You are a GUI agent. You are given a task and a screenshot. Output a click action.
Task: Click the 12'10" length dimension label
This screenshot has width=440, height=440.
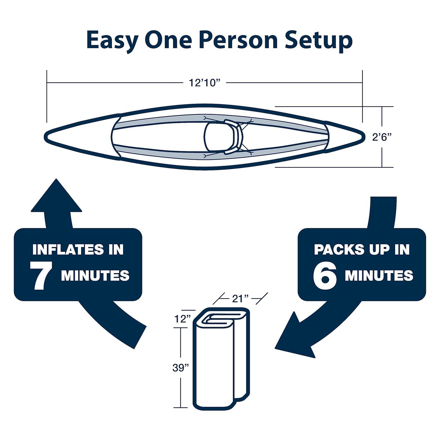204,83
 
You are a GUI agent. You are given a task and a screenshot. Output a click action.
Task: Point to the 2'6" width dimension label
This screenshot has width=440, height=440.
382,137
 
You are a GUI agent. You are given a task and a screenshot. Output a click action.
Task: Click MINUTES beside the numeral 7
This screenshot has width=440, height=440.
95,275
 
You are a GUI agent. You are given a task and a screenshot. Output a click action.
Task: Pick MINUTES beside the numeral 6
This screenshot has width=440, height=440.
379,275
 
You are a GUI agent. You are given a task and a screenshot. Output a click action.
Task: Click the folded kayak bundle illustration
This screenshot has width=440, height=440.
221,357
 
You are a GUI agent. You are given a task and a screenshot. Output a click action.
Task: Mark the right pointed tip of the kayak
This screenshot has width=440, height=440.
365,136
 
